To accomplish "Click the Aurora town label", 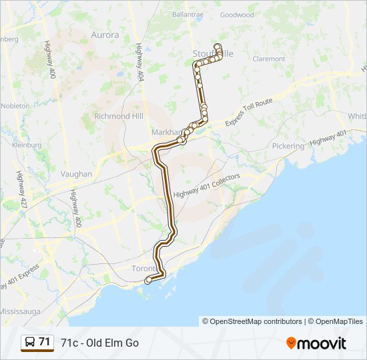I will point(105,35).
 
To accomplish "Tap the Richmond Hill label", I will point(119,115).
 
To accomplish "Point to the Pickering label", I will point(288,145).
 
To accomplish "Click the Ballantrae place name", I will point(188,13).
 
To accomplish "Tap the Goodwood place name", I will point(237,15).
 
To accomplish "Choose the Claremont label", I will point(269,59).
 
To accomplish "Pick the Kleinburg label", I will point(27,145).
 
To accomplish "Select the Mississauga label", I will point(21,311).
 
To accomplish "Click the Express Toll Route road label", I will point(249,112).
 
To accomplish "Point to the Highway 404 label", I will point(139,63).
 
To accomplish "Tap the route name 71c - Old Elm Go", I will point(99,343).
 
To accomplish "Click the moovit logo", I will point(316,343).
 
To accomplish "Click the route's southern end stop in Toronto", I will point(147,281).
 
